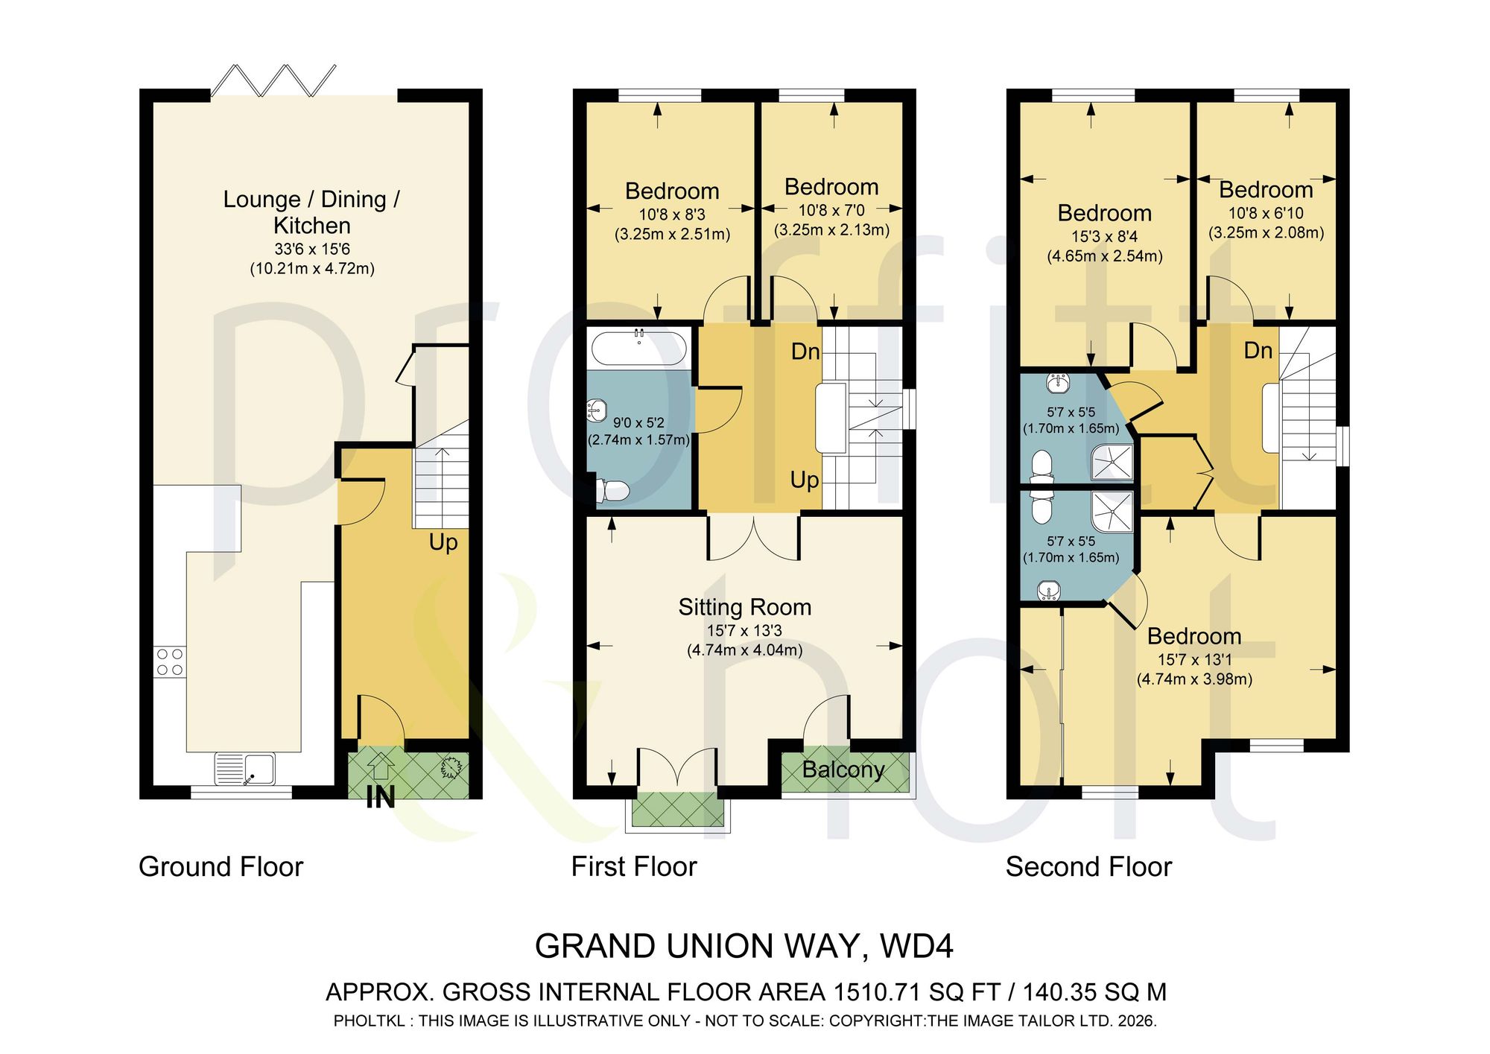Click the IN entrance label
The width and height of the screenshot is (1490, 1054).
pos(381,798)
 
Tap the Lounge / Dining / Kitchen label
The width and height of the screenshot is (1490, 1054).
pos(311,212)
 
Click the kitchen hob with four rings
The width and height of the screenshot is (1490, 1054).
pos(170,662)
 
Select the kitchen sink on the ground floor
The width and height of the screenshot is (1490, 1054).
pos(245,769)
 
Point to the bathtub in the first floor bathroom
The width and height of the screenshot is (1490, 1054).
pos(639,348)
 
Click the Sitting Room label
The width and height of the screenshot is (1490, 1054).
pos(745,607)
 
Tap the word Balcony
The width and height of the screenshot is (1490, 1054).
pos(843,769)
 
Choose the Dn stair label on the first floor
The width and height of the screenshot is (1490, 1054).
pos(805,352)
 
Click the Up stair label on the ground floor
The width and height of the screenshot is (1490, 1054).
pos(443,542)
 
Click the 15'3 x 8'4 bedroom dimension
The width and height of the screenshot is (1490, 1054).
pos(1105,236)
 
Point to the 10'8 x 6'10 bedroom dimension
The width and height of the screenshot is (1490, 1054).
pos(1266,213)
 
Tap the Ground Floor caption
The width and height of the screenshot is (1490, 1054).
pos(221,867)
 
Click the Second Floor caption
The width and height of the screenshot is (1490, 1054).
pos(1088,867)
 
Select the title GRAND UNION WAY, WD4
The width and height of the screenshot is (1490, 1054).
pos(744,947)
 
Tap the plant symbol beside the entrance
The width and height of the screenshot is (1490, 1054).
pos(450,768)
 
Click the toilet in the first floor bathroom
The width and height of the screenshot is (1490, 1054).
pos(613,491)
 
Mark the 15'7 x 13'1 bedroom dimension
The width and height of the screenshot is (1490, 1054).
pos(1194,659)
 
